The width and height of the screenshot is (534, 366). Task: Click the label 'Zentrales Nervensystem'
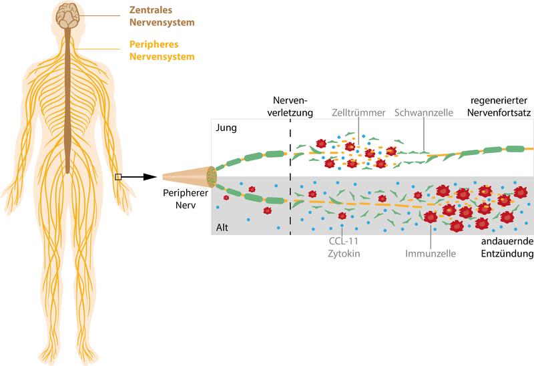point(162,16)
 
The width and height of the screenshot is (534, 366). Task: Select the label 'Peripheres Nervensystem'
point(162,50)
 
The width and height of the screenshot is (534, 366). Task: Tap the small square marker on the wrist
point(118,177)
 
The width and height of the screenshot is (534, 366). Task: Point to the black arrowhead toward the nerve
point(150,177)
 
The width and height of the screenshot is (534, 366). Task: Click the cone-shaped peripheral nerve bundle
point(189,177)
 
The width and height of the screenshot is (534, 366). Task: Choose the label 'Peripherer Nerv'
point(186,199)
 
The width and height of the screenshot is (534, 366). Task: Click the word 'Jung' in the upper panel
point(226,128)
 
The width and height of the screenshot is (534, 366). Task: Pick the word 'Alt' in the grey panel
point(222,227)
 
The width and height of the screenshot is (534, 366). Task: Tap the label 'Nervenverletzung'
point(290,106)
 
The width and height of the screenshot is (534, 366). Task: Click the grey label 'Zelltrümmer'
point(358,112)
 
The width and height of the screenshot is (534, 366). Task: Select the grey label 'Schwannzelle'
point(424,112)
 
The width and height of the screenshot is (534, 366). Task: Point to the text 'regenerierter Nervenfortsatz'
point(499,106)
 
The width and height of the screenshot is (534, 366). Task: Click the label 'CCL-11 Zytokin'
point(344,247)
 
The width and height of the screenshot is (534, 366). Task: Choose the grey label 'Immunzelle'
point(431,253)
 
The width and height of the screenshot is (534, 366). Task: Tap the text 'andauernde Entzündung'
point(507,247)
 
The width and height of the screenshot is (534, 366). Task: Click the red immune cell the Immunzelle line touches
point(431,217)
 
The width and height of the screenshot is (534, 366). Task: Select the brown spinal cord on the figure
point(68,101)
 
